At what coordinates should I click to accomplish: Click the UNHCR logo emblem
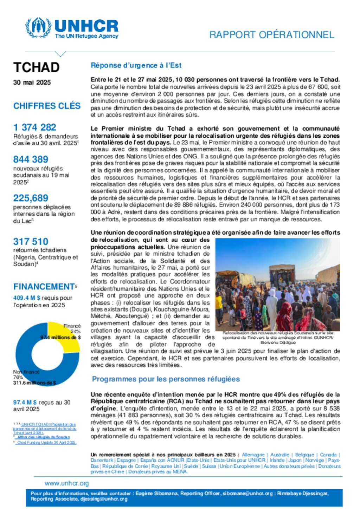(x=38, y=28)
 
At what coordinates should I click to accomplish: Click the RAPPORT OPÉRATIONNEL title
(x=271, y=35)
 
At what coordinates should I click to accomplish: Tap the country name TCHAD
(x=37, y=67)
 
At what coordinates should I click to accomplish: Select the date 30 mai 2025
(x=32, y=83)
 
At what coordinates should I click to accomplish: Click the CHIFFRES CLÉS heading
(x=47, y=106)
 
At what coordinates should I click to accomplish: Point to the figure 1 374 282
(x=35, y=127)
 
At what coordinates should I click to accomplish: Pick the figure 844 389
(x=31, y=159)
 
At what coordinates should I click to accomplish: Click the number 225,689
(x=31, y=198)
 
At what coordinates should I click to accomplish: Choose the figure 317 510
(x=31, y=242)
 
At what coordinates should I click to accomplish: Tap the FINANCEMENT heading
(x=44, y=287)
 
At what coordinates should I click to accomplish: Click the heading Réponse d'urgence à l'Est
(x=136, y=65)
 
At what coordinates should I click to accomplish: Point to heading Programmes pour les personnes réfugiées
(x=166, y=379)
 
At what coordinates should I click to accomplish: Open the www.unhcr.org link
(x=67, y=483)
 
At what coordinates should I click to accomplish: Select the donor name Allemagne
(x=253, y=455)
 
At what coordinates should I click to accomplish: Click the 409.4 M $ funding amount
(x=27, y=298)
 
